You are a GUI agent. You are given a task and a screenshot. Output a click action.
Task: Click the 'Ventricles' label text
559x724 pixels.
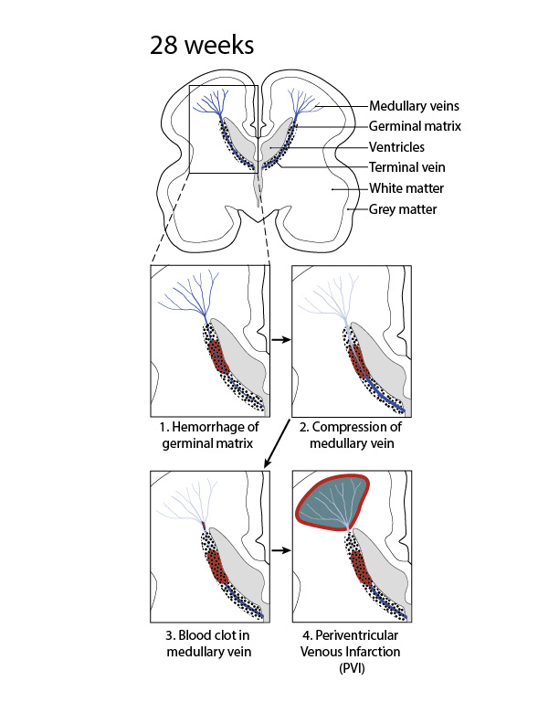pos(396,146)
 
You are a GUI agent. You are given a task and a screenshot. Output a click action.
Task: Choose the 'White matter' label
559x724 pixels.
pos(406,188)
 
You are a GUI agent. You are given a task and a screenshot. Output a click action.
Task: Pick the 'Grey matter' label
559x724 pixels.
pos(403,209)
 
